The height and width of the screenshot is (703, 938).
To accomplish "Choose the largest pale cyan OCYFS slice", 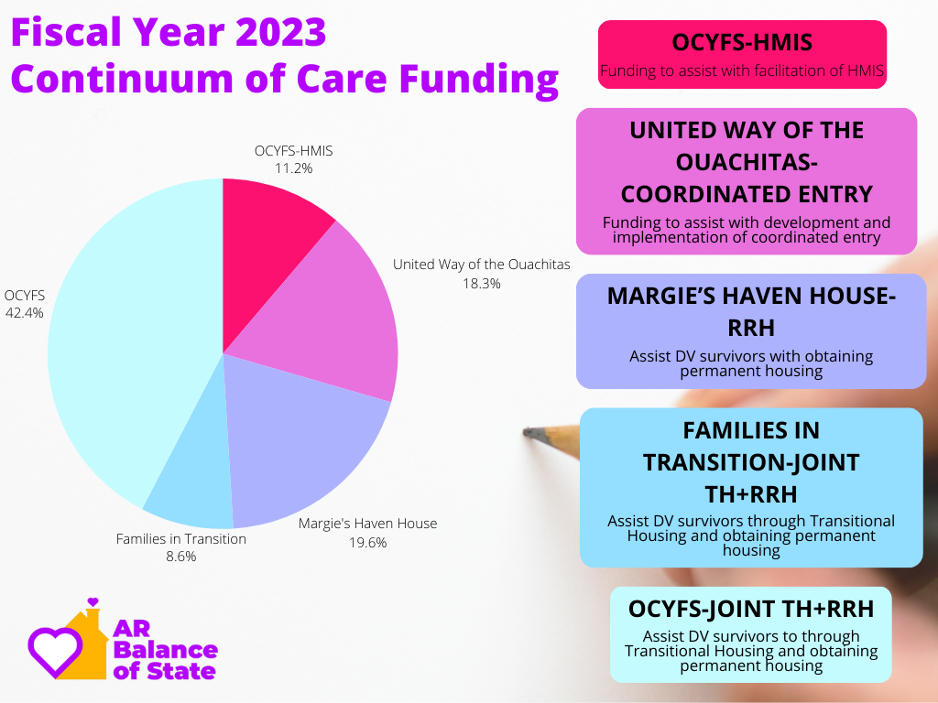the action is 132,341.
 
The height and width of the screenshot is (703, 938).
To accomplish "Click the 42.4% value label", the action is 25,313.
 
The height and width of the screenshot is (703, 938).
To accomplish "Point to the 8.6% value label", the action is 181,557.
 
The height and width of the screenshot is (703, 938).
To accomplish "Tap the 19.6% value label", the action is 368,543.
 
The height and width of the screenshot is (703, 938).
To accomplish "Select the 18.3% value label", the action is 482,284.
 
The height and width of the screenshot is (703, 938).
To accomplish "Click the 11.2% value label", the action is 294,168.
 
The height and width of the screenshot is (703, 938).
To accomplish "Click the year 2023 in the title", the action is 280,32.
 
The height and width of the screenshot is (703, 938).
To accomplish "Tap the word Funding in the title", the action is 478,81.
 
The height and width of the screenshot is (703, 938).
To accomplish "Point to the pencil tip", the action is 525,432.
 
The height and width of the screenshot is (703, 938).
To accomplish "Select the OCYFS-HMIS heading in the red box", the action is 742,42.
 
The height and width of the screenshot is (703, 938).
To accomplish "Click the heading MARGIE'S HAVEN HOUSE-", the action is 751,296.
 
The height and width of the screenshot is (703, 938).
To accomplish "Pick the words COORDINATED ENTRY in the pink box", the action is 747,194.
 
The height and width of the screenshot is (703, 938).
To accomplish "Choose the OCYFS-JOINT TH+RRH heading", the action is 751,609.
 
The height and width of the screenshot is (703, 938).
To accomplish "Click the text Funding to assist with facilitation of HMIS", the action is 742,71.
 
